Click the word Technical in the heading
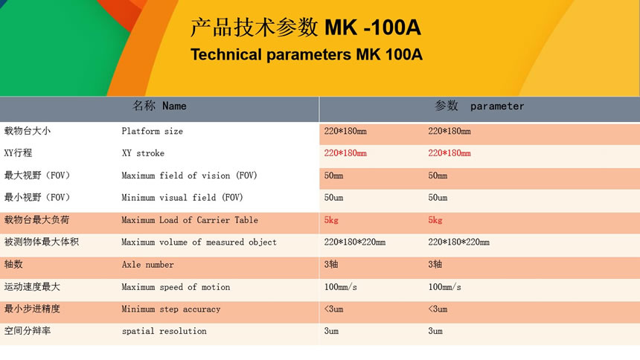coord(226,55)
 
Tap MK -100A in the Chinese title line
coord(373,28)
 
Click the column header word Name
coord(174,106)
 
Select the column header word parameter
coord(497,106)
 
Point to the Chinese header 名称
coord(144,106)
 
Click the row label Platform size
coord(153,131)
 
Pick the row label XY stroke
coord(144,153)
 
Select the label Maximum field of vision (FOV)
coord(189,176)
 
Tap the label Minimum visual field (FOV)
coord(182,198)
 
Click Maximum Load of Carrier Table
coord(190,220)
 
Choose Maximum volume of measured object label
coord(199,242)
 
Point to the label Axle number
coord(148,265)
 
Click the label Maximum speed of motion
coord(176,287)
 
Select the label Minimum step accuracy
coord(171,309)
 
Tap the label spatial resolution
coord(164,331)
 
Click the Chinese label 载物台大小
coord(28,131)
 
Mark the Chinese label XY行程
coord(18,153)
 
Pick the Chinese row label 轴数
coord(13,264)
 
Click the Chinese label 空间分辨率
coord(28,330)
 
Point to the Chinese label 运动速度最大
coord(32,286)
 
